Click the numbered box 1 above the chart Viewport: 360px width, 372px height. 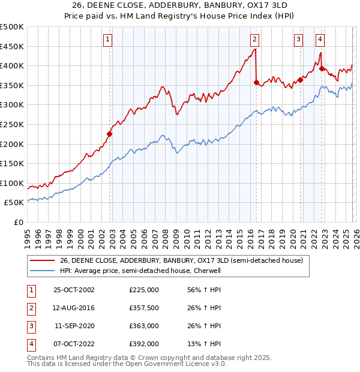107,40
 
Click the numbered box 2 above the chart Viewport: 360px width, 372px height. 254,40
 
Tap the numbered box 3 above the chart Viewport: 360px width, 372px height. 298,40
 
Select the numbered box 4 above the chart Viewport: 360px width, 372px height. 320,40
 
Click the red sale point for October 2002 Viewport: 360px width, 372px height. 110,134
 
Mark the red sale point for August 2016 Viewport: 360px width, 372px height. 256,82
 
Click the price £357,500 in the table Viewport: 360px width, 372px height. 144,308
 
